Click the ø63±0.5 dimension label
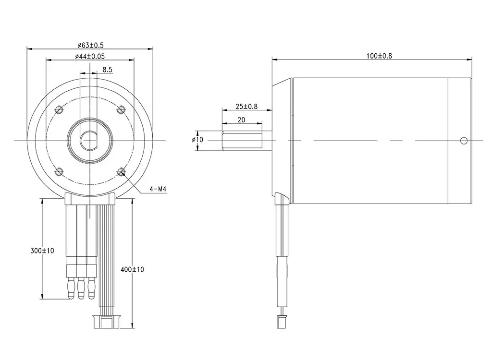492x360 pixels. [90, 45]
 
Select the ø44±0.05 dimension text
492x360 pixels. [90, 57]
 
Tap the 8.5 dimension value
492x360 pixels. [107, 70]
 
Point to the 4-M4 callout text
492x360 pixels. [158, 190]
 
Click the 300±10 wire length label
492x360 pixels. [42, 251]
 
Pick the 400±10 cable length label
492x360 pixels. [132, 270]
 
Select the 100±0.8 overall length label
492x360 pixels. [379, 56]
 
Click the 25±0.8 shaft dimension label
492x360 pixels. [246, 106]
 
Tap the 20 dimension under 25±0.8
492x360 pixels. [241, 120]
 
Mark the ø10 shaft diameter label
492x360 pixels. [197, 140]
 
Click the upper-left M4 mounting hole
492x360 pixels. [60, 110]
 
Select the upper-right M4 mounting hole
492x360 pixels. [121, 110]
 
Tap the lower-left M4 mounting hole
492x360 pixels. [60, 171]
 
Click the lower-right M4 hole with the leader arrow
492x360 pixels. [121, 171]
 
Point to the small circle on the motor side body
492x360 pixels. [463, 141]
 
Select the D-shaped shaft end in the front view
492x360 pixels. [90, 140]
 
